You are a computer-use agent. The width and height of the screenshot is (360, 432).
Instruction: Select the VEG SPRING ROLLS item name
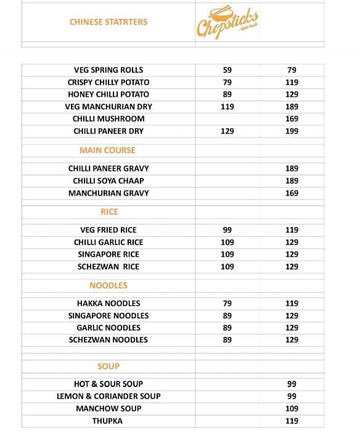coord(108,70)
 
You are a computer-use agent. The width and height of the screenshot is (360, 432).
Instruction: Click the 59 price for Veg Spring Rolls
coord(227,70)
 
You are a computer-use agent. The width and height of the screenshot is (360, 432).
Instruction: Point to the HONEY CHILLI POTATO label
coord(108,94)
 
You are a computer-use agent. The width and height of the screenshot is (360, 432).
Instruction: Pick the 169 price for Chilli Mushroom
coord(292,119)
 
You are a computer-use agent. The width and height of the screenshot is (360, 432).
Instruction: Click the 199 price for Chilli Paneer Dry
coord(292,131)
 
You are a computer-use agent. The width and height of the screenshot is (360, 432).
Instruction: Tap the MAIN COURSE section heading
coord(107,150)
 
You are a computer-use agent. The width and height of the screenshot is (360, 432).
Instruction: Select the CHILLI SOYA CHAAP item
coord(108,181)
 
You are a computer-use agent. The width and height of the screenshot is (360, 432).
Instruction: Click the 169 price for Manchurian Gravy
coord(292,193)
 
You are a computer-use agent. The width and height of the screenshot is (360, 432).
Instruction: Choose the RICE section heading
coord(109,212)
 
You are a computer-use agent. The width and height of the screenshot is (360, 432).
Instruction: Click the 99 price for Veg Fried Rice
coord(227,230)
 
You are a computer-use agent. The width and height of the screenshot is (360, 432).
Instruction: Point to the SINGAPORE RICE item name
coord(108,254)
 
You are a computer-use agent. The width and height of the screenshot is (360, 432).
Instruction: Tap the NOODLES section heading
coord(108,285)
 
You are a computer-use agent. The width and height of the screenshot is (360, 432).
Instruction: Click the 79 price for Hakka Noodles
coord(227,304)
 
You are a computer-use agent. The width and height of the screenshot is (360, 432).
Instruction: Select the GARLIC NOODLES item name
coord(108,328)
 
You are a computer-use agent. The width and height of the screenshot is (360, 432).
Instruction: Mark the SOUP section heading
coord(108,366)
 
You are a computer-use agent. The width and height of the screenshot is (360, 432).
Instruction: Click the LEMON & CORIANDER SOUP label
coord(108,396)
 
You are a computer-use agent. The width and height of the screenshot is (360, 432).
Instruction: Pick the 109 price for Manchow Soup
coord(292,409)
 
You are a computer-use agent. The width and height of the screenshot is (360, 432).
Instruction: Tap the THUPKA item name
coord(107,421)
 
